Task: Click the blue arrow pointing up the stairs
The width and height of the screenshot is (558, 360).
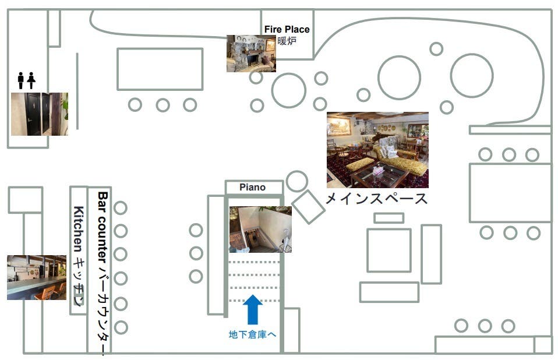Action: click(x=252, y=309)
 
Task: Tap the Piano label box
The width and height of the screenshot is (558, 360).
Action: click(x=253, y=188)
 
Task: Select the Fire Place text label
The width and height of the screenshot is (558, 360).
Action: click(x=287, y=29)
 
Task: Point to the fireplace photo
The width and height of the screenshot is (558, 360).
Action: click(x=251, y=53)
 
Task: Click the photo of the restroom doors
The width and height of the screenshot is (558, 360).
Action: click(x=39, y=114)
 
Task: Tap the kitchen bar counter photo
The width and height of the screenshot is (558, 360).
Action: click(x=36, y=277)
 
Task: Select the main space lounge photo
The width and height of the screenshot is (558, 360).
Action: click(x=377, y=150)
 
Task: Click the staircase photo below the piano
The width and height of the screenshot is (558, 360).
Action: click(x=260, y=229)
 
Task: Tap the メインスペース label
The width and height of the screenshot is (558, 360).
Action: click(x=376, y=199)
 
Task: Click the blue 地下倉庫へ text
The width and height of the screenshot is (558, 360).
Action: click(x=252, y=335)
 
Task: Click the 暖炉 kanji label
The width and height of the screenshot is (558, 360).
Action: click(x=287, y=41)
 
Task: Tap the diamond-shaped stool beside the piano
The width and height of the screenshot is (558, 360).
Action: click(x=308, y=207)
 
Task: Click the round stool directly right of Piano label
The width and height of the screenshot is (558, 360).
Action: click(x=297, y=181)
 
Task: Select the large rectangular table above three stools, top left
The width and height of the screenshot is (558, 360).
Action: click(x=160, y=69)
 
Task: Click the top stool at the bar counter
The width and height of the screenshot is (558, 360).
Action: click(x=121, y=208)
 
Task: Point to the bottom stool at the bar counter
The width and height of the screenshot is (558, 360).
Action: click(x=121, y=327)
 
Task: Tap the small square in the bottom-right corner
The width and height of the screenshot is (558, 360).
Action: click(x=543, y=345)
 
